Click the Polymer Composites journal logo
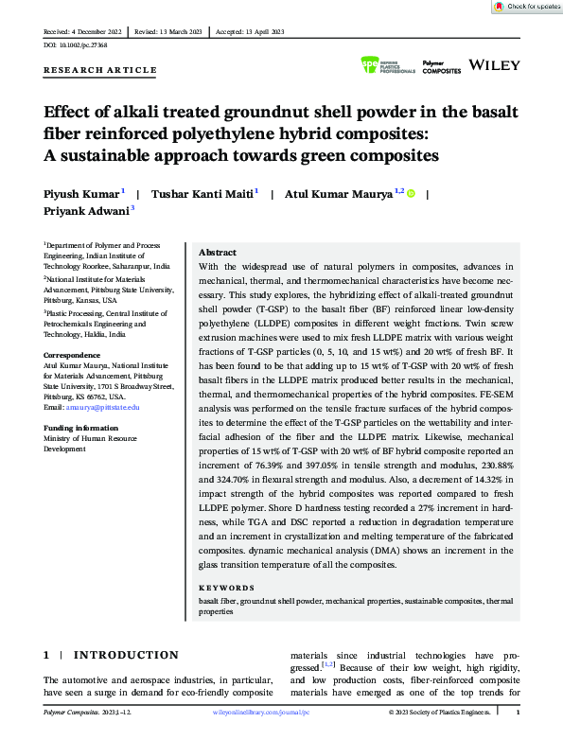[x=441, y=67]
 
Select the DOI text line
[x=78, y=45]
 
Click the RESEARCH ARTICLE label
[x=100, y=70]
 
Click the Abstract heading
[x=218, y=254]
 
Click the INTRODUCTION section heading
[x=126, y=655]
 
